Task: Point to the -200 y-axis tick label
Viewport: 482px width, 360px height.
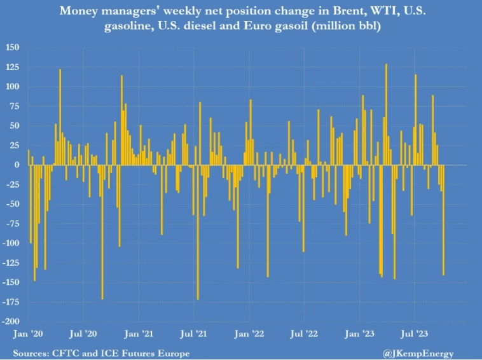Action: tap(13, 322)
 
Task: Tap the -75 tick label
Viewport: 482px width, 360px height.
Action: tap(14, 224)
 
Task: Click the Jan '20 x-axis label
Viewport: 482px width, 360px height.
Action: tap(27, 333)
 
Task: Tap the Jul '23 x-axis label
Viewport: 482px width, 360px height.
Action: tap(415, 333)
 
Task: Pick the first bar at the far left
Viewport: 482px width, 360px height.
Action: tap(29, 158)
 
